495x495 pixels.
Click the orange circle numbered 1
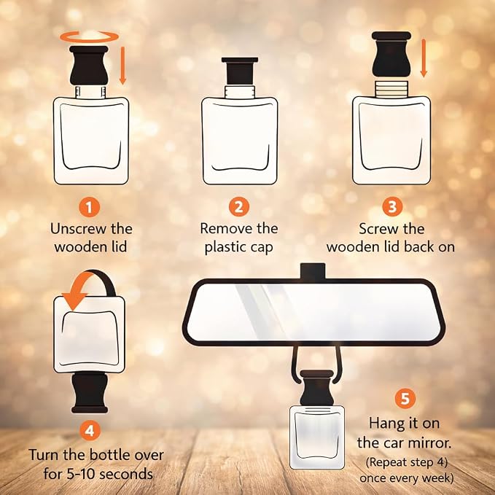pyautogui.click(x=89, y=207)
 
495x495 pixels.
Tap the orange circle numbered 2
pyautogui.click(x=239, y=207)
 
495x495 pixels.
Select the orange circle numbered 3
pyautogui.click(x=392, y=207)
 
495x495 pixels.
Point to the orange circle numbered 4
pyautogui.click(x=90, y=431)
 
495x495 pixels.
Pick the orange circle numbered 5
pyautogui.click(x=405, y=399)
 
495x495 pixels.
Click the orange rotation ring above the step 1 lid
pyautogui.click(x=90, y=42)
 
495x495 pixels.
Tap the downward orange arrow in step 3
pyautogui.click(x=424, y=58)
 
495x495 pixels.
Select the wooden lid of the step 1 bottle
pyautogui.click(x=89, y=66)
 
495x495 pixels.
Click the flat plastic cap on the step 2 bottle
pyautogui.click(x=240, y=71)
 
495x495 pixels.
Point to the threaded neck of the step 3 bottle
pyautogui.click(x=391, y=89)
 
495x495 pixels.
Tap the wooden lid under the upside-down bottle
pyautogui.click(x=90, y=392)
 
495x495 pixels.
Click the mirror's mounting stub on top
pyautogui.click(x=313, y=271)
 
